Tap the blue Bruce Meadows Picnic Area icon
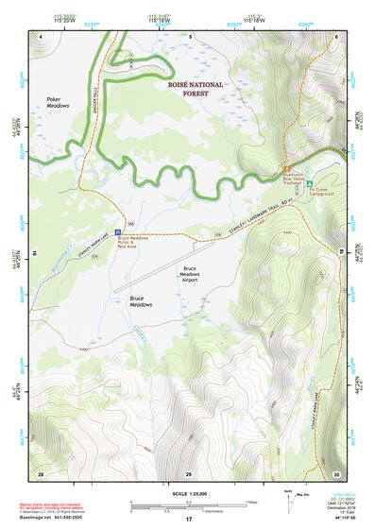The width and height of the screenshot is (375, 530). coord(117,231)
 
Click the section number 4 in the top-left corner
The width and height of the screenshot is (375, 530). coord(42,36)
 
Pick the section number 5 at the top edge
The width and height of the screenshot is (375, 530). coord(189,36)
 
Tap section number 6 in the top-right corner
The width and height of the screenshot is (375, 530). coord(335,36)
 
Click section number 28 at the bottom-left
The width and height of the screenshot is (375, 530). coord(41,472)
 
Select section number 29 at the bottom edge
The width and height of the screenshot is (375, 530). coord(189,472)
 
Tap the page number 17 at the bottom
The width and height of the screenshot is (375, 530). coord(188,520)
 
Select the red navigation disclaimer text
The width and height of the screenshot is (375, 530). coord(57,507)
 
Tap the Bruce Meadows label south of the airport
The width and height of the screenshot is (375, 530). coord(142,301)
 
